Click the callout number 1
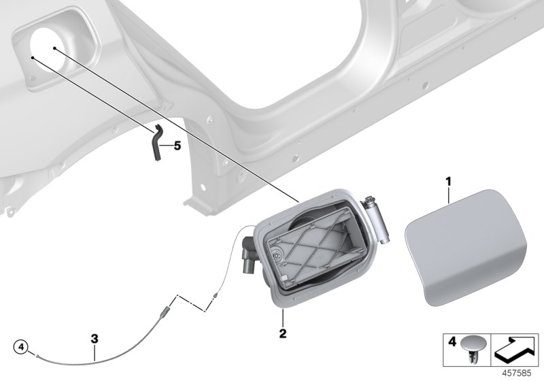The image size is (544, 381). coord(448,163)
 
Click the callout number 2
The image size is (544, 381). coord(282,334)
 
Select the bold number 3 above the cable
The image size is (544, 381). coord(95,338)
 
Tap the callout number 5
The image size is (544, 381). coord(177,145)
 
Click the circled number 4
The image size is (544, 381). coord(22,348)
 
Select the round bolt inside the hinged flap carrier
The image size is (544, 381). coord(278,256)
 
